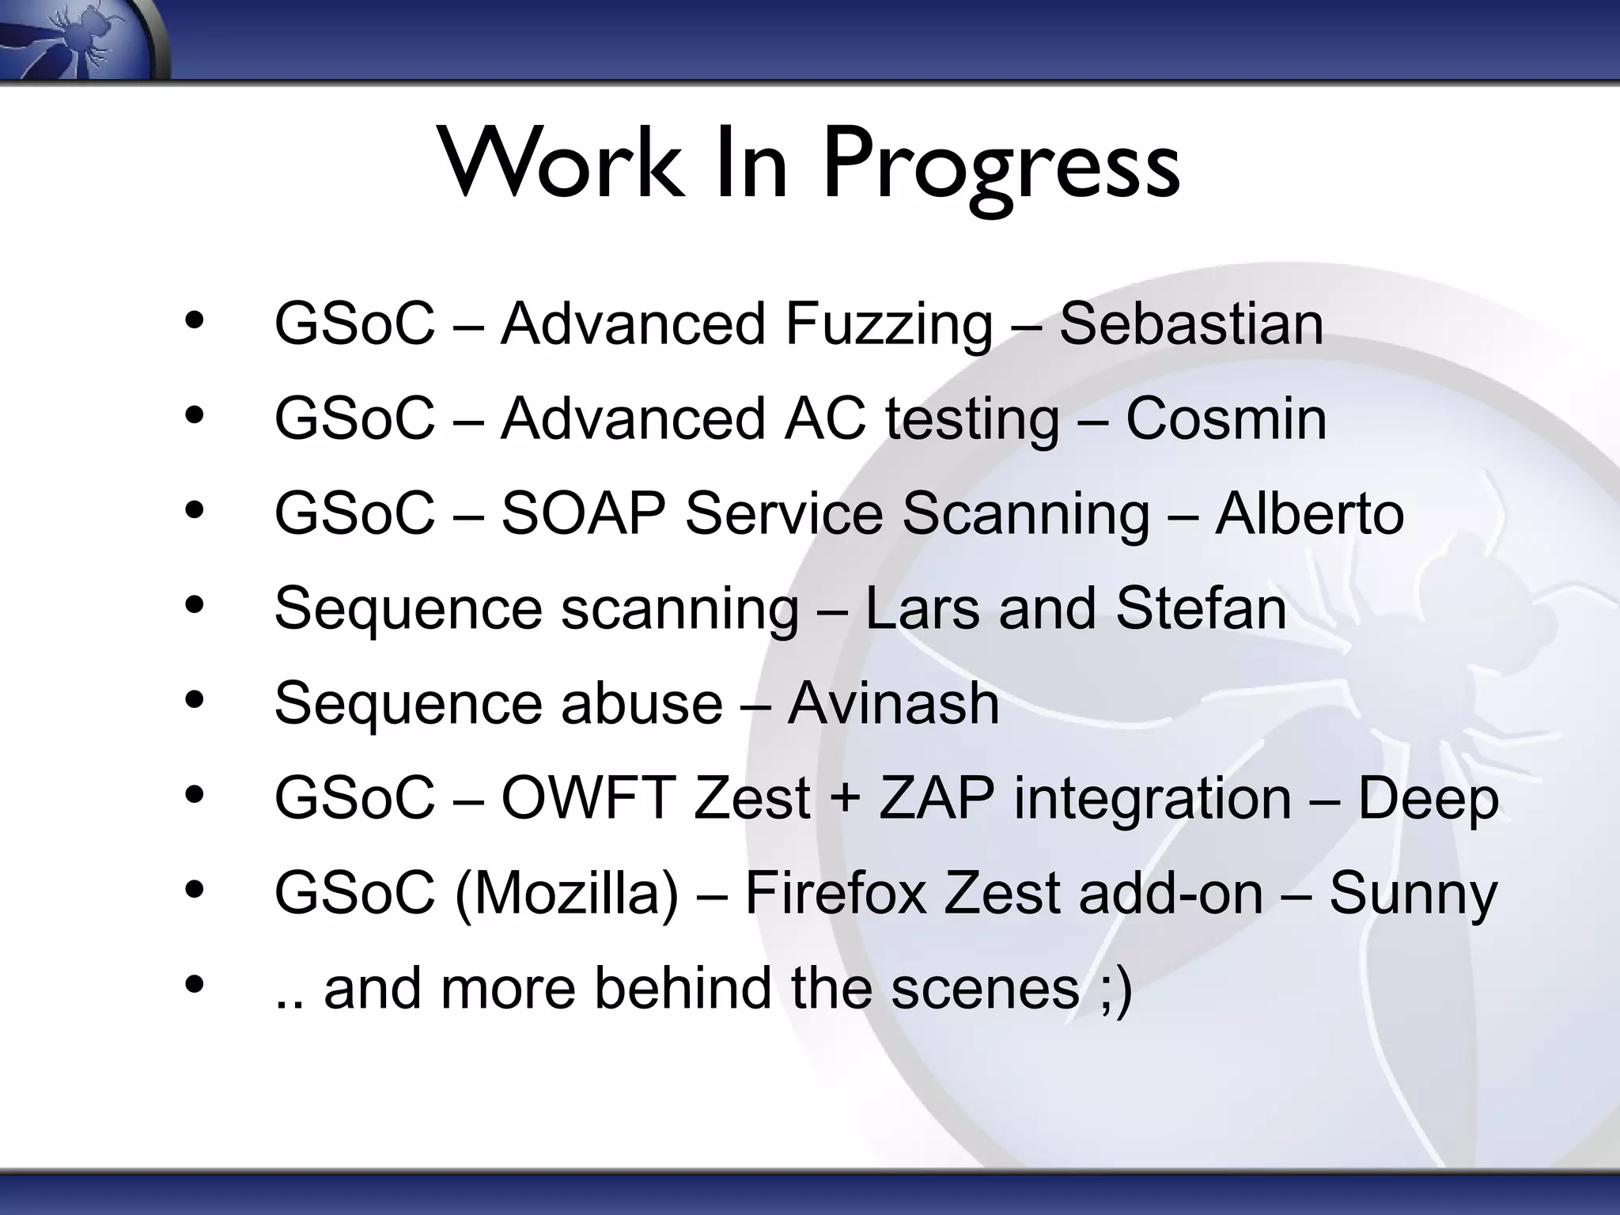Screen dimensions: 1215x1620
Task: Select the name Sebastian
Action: [x=1190, y=324]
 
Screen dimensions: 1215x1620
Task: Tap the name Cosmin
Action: [x=1226, y=419]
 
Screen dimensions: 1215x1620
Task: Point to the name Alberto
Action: [x=1309, y=514]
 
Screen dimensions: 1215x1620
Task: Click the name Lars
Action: [x=922, y=608]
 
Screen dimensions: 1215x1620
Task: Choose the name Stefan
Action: [x=1201, y=608]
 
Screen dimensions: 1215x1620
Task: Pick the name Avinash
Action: [x=893, y=703]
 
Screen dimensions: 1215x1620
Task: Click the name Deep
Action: [x=1428, y=799]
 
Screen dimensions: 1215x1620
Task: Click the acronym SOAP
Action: [x=582, y=514]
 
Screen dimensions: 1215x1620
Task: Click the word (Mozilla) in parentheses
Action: [x=566, y=894]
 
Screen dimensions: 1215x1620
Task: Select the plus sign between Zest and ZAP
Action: [x=845, y=799]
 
